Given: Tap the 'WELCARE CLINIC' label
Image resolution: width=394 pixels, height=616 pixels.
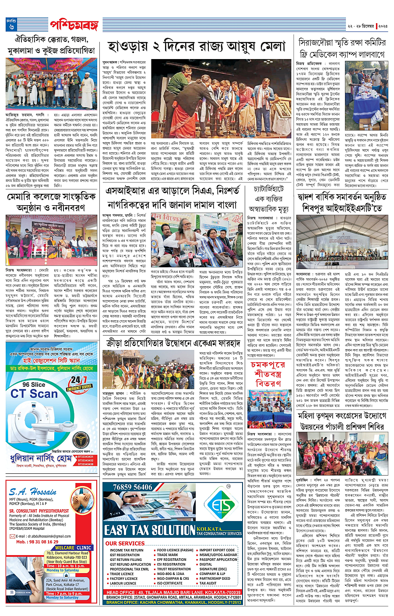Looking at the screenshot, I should pos(73,547).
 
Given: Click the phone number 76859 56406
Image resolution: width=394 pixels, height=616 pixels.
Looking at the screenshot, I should pos(133,487).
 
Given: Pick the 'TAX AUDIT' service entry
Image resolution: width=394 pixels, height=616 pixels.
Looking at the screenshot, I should pos(208,583).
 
